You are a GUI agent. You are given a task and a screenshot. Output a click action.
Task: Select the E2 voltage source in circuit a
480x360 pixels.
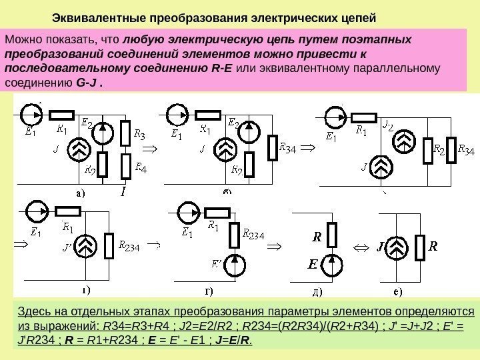tap(102, 133)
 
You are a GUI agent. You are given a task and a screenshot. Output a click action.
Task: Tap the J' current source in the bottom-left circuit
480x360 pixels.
tap(87, 245)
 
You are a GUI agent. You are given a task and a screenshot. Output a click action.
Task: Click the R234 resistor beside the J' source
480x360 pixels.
tap(111, 245)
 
